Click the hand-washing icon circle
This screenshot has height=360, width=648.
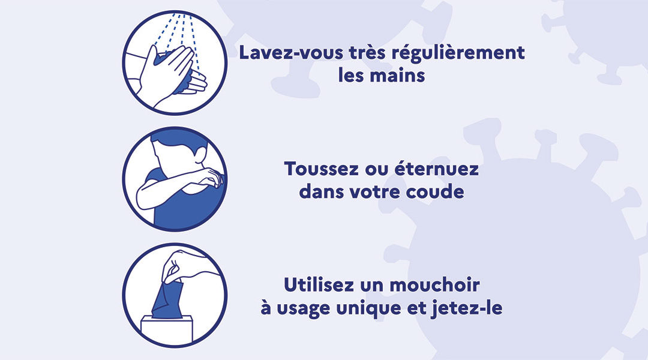[x=175, y=63]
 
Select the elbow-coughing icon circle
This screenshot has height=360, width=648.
[x=175, y=179]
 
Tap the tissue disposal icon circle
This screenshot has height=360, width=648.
[x=175, y=295]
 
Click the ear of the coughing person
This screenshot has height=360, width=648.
[x=200, y=155]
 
